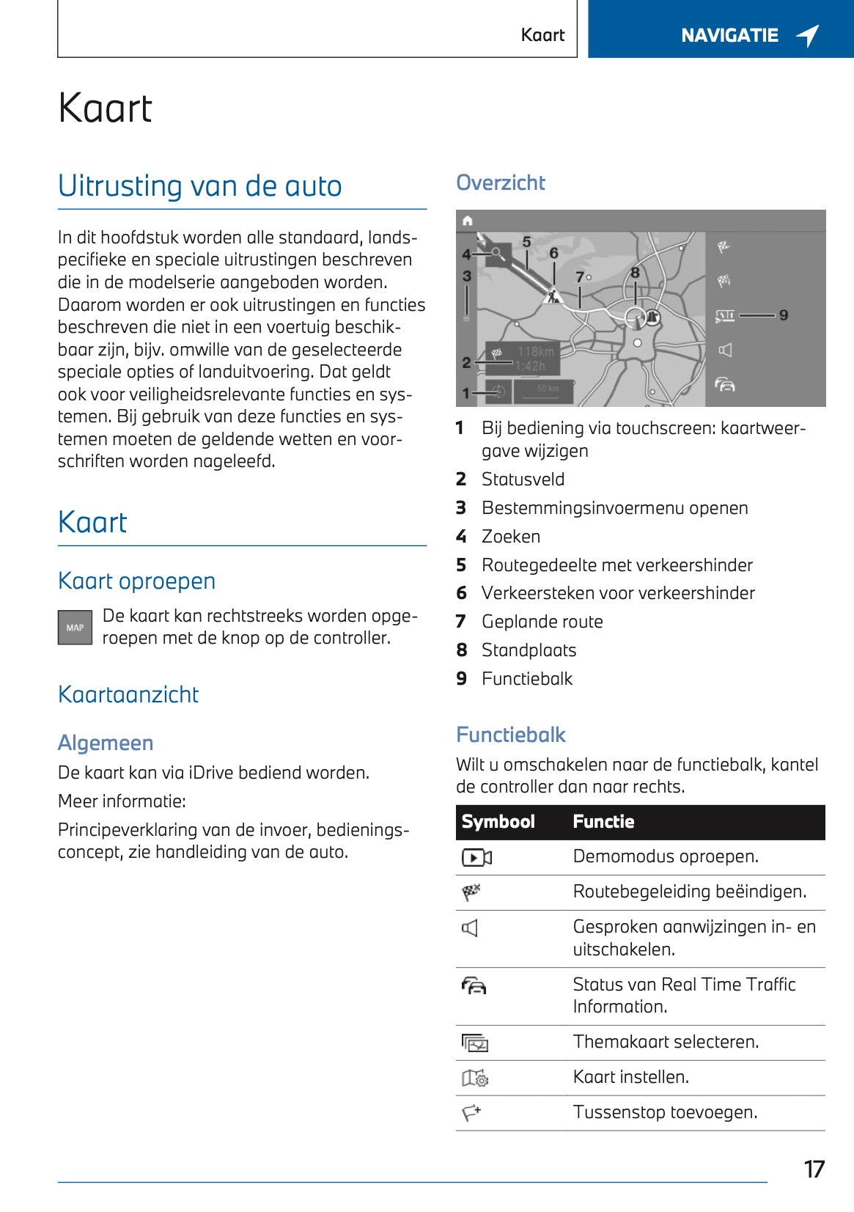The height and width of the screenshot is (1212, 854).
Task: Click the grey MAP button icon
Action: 75,628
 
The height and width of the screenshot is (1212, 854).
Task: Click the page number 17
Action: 814,1169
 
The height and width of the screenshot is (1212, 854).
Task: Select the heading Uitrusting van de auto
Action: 199,186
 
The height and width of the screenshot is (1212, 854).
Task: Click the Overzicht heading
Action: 500,183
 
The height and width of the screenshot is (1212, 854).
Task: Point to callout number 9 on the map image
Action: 784,315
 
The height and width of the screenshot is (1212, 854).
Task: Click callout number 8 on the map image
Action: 635,273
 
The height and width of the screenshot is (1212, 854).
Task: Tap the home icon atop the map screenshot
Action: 468,221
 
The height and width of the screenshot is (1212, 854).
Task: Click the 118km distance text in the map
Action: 535,352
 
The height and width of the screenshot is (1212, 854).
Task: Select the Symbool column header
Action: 498,821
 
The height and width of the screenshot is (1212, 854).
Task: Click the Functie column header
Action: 603,821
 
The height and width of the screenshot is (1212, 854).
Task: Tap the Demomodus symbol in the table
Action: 476,857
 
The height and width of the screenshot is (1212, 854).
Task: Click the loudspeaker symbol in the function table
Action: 470,928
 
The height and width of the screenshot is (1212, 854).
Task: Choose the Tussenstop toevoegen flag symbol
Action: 471,1113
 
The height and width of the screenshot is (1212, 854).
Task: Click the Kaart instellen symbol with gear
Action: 475,1078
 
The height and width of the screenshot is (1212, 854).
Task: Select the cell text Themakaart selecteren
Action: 666,1042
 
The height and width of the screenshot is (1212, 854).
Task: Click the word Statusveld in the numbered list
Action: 523,480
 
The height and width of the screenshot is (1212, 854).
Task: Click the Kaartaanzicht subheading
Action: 128,694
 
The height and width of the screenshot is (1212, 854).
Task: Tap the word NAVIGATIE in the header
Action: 729,35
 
